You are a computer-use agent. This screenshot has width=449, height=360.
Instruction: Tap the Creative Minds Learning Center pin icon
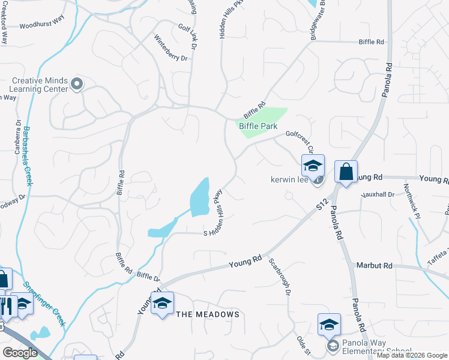pyautogui.click(x=76, y=84)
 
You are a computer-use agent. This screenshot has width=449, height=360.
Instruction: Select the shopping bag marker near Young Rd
pyautogui.click(x=346, y=172)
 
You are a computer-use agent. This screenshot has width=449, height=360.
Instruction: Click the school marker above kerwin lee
pyautogui.click(x=313, y=166)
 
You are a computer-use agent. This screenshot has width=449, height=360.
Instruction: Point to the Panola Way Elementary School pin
pyautogui.click(x=332, y=346)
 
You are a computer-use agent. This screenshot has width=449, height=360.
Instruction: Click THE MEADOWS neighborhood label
pyautogui.click(x=207, y=314)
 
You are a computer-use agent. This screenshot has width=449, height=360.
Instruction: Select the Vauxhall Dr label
pyautogui.click(x=378, y=194)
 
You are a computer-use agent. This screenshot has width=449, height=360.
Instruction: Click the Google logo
pyautogui.click(x=20, y=353)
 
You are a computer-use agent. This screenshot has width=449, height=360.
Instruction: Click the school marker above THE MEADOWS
pyautogui.click(x=162, y=303)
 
